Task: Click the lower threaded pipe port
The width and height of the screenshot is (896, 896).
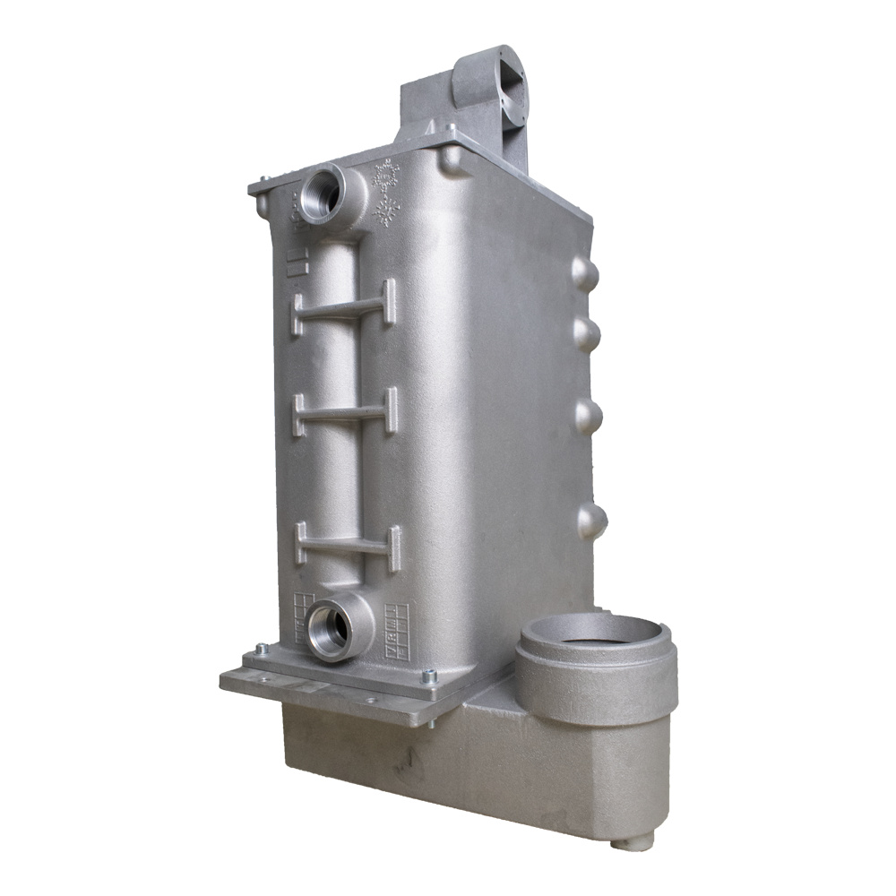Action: pyautogui.click(x=328, y=627)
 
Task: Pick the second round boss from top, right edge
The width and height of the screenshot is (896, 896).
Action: pyautogui.click(x=587, y=335)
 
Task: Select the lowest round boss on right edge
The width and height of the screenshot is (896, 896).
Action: pyautogui.click(x=591, y=521)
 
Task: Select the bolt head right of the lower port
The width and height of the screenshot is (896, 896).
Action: pyautogui.click(x=431, y=674)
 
